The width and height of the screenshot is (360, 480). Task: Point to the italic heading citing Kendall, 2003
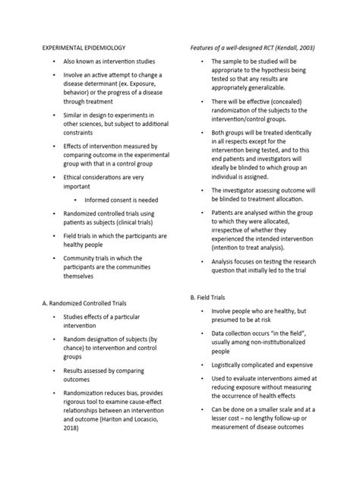pyautogui.click(x=252, y=47)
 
